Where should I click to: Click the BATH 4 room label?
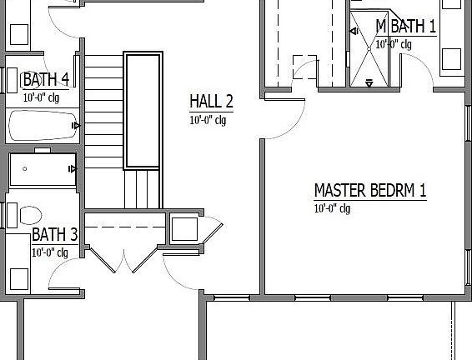tap(45, 80)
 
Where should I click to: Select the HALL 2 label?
tap(210, 102)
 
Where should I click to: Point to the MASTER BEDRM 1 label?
tap(369, 190)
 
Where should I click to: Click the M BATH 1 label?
tap(405, 27)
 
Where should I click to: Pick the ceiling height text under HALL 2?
tap(208, 120)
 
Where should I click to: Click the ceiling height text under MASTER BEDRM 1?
tap(332, 208)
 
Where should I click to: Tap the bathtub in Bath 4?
tap(42, 127)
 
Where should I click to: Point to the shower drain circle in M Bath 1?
tap(367, 48)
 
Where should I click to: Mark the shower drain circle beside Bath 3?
tap(25, 169)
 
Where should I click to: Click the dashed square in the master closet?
tap(304, 67)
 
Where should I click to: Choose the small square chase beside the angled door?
tap(183, 228)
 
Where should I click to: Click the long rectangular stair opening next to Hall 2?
tap(142, 110)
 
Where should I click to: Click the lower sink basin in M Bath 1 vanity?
tap(451, 58)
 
